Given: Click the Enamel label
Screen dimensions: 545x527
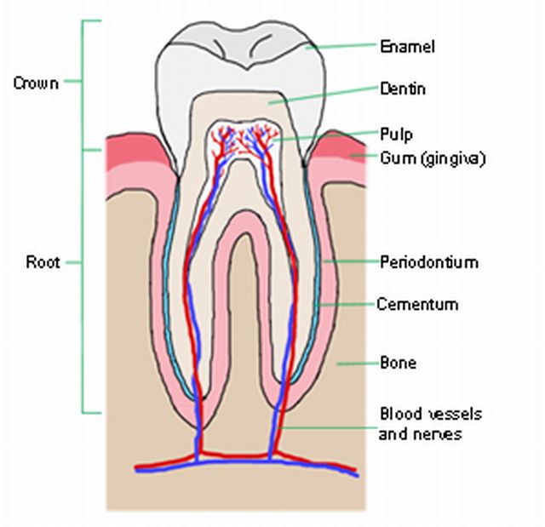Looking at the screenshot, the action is (x=407, y=46).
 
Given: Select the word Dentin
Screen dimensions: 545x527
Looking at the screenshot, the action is (x=403, y=89).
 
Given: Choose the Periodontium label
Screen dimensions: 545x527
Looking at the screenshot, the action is (x=428, y=262).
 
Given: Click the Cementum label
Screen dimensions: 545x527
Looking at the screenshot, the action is (x=417, y=304).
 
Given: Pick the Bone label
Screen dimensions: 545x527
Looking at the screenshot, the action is (x=398, y=363).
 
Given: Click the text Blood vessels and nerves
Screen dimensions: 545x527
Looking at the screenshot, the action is (x=430, y=424).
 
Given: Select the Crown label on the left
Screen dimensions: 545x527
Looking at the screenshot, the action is (x=36, y=83).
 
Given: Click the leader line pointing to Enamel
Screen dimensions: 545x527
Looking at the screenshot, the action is (x=341, y=46).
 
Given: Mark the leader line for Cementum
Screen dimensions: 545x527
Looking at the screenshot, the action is (x=345, y=303).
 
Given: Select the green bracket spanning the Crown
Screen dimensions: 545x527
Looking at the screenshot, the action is (x=83, y=83).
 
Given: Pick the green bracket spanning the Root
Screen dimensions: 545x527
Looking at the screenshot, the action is (x=83, y=281).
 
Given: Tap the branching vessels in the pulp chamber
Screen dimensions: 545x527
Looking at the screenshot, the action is (x=243, y=140).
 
